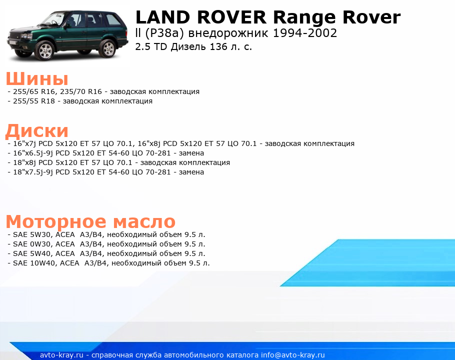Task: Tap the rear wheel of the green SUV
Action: coord(108,48)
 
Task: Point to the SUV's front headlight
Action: coord(26,36)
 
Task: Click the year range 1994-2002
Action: coord(304,33)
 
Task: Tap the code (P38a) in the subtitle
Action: coord(164,33)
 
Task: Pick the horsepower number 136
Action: coord(218,46)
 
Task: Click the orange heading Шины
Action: coord(37,78)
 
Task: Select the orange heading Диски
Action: coord(37,131)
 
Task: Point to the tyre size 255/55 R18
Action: coord(34,101)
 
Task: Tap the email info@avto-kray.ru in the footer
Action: coord(293,355)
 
